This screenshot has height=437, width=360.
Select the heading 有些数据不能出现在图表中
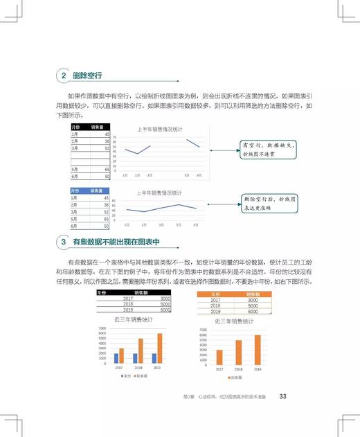(116, 242)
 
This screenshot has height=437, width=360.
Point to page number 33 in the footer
(282, 396)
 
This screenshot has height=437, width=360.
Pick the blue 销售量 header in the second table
(101, 190)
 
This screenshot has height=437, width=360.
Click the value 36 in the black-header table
(107, 141)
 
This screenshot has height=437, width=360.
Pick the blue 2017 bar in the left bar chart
(116, 358)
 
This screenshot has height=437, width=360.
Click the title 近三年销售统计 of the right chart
(233, 321)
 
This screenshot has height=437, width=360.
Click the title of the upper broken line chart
(159, 130)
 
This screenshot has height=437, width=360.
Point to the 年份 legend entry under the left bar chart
(125, 375)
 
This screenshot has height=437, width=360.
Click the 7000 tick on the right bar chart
(203, 330)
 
